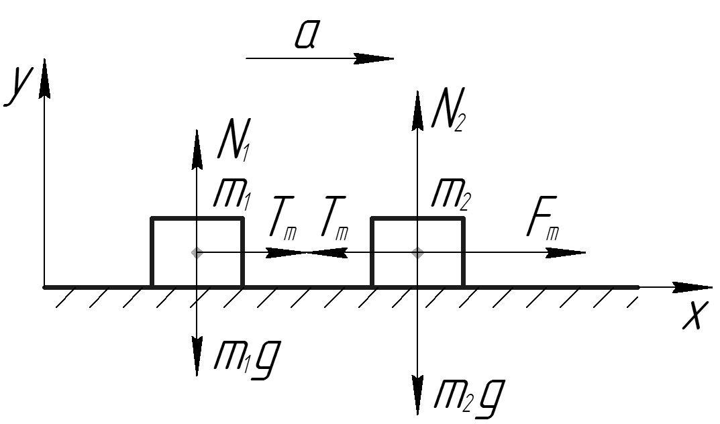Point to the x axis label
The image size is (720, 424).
pos(693,315)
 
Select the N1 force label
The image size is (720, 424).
pos(235,139)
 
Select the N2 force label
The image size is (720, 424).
pos(449,109)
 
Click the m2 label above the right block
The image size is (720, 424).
pos(450,196)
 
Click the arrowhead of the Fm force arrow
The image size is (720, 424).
pos(566,252)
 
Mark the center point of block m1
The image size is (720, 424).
pos(197,252)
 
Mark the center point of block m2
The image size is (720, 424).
pos(417,252)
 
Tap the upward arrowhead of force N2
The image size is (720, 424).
pos(417,111)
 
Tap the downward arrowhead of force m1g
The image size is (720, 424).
pos(197,357)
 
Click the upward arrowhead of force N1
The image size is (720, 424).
pos(197,150)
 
